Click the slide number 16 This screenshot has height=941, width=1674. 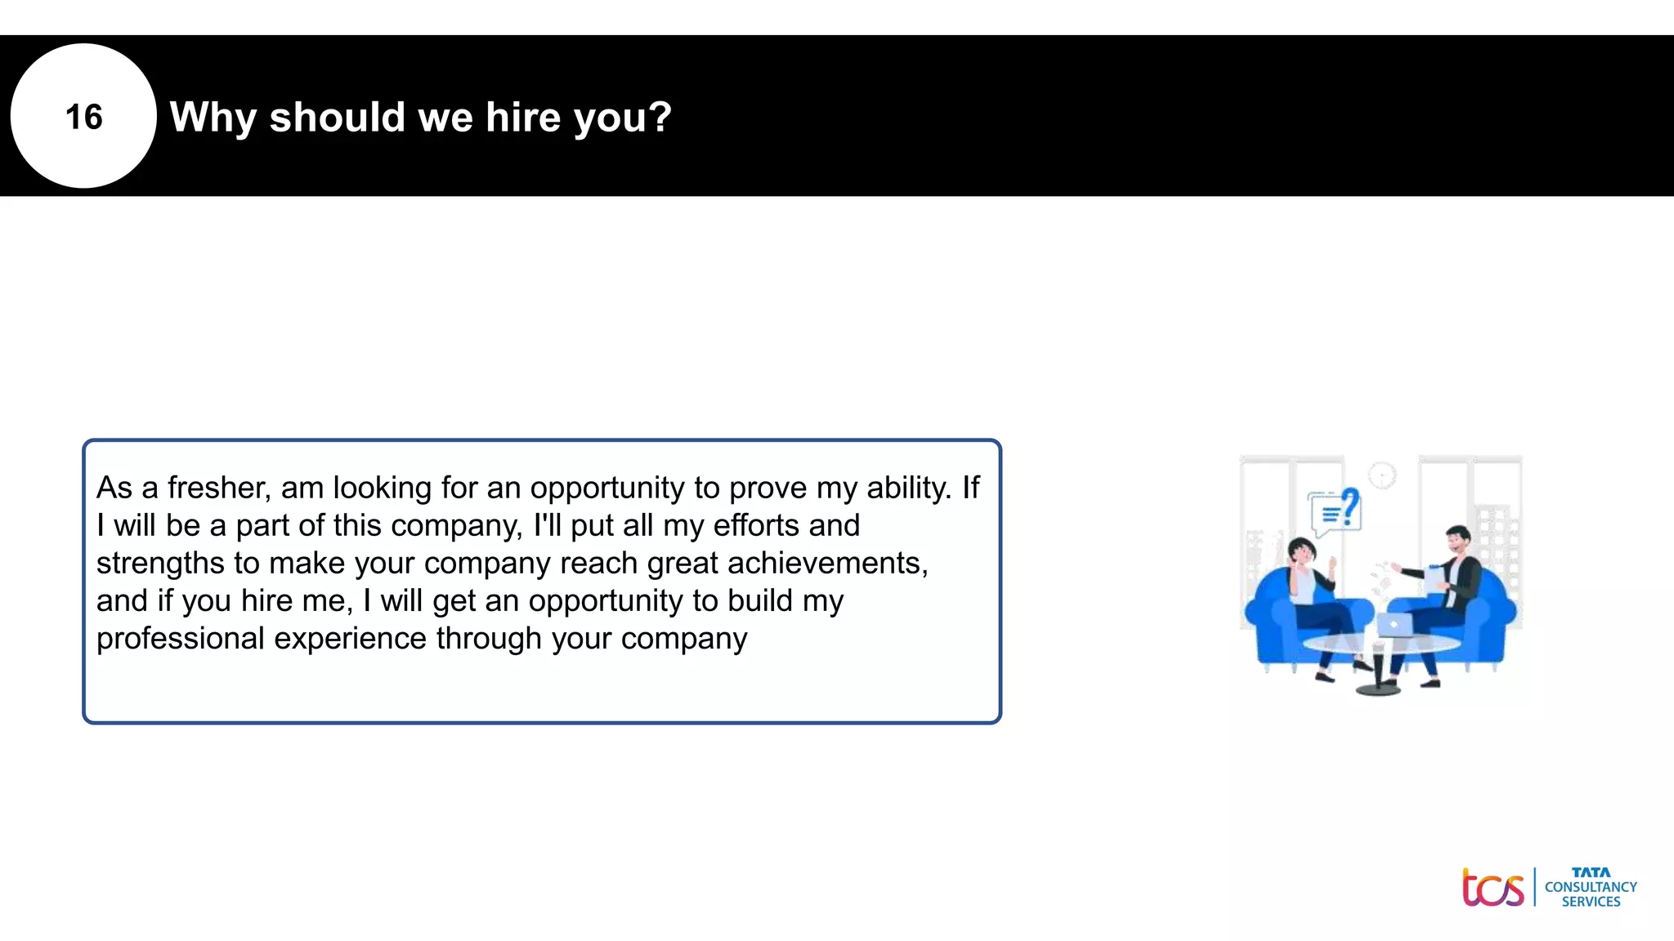[83, 117]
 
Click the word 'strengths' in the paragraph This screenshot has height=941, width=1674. [160, 563]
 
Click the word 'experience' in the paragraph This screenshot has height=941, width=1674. [350, 638]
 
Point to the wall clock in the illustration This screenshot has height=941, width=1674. [1382, 475]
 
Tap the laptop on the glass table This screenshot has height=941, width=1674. [1394, 626]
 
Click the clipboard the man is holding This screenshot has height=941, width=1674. [1435, 580]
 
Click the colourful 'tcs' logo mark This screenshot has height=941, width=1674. [1493, 888]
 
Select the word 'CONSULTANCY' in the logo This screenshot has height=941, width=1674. [1591, 887]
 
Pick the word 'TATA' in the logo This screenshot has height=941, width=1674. [1591, 872]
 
